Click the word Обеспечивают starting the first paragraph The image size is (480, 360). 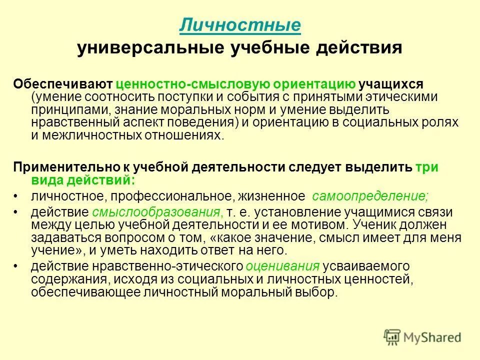63,83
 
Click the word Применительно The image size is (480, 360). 64,167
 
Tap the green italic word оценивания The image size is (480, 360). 283,265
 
